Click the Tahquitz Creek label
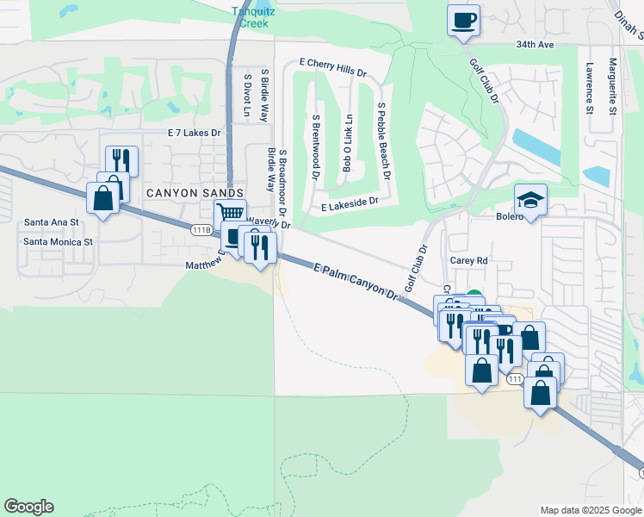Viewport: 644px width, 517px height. point(251,17)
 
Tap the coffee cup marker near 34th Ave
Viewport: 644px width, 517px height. point(463,18)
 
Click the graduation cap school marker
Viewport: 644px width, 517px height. point(530,201)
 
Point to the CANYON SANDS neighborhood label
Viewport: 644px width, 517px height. point(195,193)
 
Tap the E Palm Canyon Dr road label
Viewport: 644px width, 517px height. point(355,282)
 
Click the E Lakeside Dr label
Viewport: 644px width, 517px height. point(350,203)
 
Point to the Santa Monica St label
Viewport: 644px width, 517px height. point(58,242)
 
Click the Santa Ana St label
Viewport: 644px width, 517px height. point(52,222)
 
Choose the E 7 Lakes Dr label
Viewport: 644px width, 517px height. point(195,133)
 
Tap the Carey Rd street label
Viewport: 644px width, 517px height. point(469,259)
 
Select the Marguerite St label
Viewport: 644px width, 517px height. point(612,85)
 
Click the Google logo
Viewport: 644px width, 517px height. point(28,507)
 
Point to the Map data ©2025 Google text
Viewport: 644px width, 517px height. point(591,510)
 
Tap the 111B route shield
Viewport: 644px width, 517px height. point(201,230)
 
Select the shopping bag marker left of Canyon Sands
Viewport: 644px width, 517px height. point(103,198)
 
